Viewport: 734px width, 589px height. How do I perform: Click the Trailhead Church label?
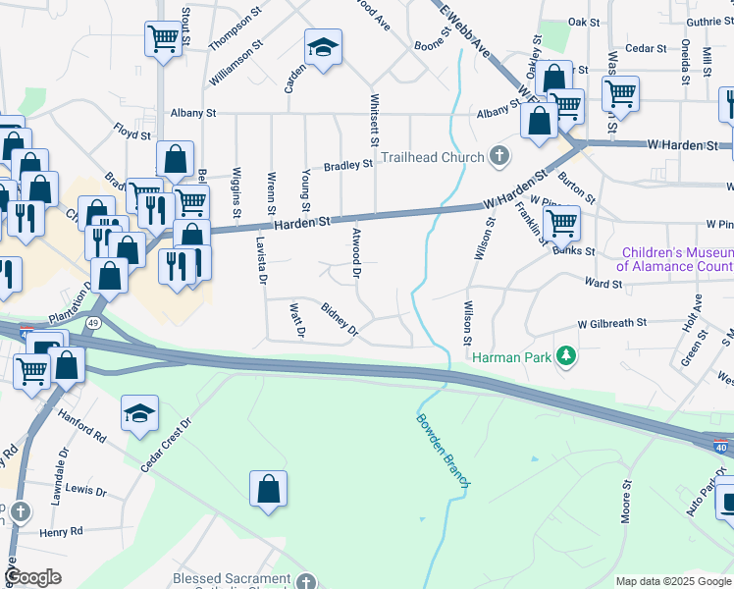pyautogui.click(x=432, y=157)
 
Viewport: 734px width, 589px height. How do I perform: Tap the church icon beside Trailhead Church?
pyautogui.click(x=499, y=156)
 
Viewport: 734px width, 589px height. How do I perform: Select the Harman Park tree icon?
pyautogui.click(x=565, y=355)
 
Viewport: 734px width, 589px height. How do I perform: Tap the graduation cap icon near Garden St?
pyautogui.click(x=322, y=47)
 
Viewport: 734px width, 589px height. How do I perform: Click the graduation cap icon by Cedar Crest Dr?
pyautogui.click(x=139, y=413)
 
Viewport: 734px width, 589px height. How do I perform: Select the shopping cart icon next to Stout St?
pyautogui.click(x=164, y=39)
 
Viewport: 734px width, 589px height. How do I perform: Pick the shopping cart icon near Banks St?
pyautogui.click(x=560, y=223)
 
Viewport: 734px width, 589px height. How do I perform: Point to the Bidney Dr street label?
pyautogui.click(x=341, y=321)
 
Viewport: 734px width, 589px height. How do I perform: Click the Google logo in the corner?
pyautogui.click(x=33, y=577)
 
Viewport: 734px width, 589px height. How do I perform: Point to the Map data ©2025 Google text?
pyautogui.click(x=673, y=581)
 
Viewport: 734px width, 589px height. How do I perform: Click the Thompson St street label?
pyautogui.click(x=236, y=32)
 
